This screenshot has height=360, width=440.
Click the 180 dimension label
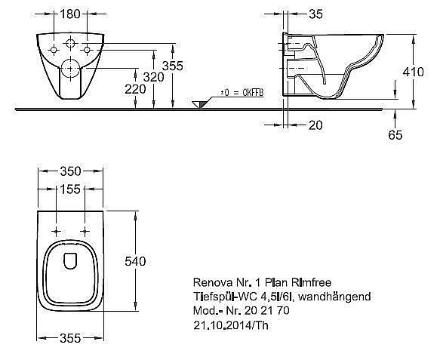(x=70, y=14)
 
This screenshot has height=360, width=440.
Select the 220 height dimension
(x=135, y=89)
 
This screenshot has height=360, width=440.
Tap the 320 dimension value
(x=153, y=77)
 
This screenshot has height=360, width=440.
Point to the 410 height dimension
(x=413, y=72)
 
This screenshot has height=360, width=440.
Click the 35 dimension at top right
(x=315, y=14)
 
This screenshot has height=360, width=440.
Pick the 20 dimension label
(x=315, y=125)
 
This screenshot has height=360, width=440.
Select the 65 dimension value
(x=395, y=135)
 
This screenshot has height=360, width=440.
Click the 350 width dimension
(x=70, y=171)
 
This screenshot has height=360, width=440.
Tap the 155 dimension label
(x=70, y=189)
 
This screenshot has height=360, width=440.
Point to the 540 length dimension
(x=135, y=261)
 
